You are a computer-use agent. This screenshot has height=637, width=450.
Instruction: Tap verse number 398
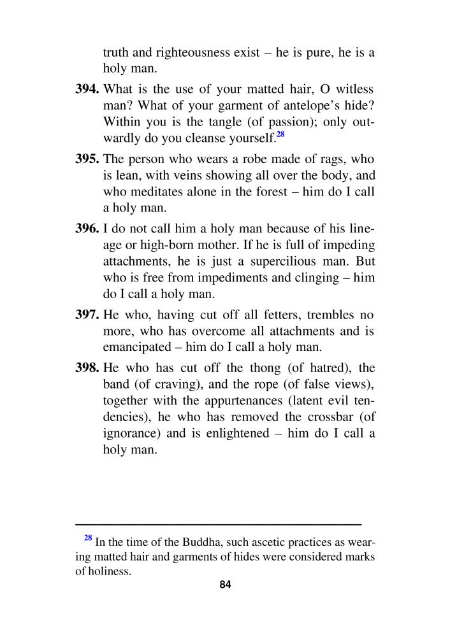88,368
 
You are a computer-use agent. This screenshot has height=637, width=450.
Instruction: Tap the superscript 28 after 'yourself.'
280,134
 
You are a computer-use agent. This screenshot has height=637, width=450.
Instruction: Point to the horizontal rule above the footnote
219,524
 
